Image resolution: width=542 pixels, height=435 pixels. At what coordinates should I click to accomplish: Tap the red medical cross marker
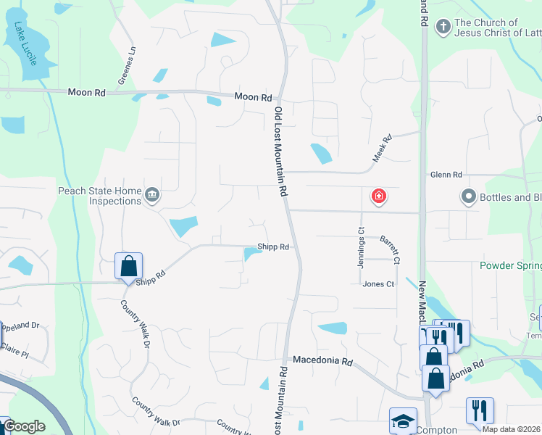[x=378, y=196]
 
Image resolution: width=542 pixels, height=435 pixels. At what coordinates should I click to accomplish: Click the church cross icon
[x=443, y=28]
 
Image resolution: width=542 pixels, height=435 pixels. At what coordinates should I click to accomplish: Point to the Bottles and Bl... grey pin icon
[x=468, y=196]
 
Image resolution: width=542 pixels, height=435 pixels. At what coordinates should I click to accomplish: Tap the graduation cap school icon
[x=404, y=420]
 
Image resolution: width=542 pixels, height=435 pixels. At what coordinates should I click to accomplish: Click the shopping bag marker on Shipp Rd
[x=128, y=265]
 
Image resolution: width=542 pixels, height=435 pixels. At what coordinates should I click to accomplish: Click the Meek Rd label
[x=382, y=148]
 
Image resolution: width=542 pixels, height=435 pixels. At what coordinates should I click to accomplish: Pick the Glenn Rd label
[x=446, y=175]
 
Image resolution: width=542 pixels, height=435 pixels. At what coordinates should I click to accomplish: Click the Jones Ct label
[x=378, y=284]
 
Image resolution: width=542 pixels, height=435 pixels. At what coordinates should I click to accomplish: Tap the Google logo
[x=24, y=426]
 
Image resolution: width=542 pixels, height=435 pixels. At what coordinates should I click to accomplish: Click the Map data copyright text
[x=512, y=430]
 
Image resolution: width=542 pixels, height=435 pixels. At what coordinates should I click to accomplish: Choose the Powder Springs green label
[x=510, y=265]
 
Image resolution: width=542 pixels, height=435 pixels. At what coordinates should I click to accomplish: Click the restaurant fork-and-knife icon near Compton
[x=479, y=410]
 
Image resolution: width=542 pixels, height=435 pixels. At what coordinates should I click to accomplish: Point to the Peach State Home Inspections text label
[x=100, y=196]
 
